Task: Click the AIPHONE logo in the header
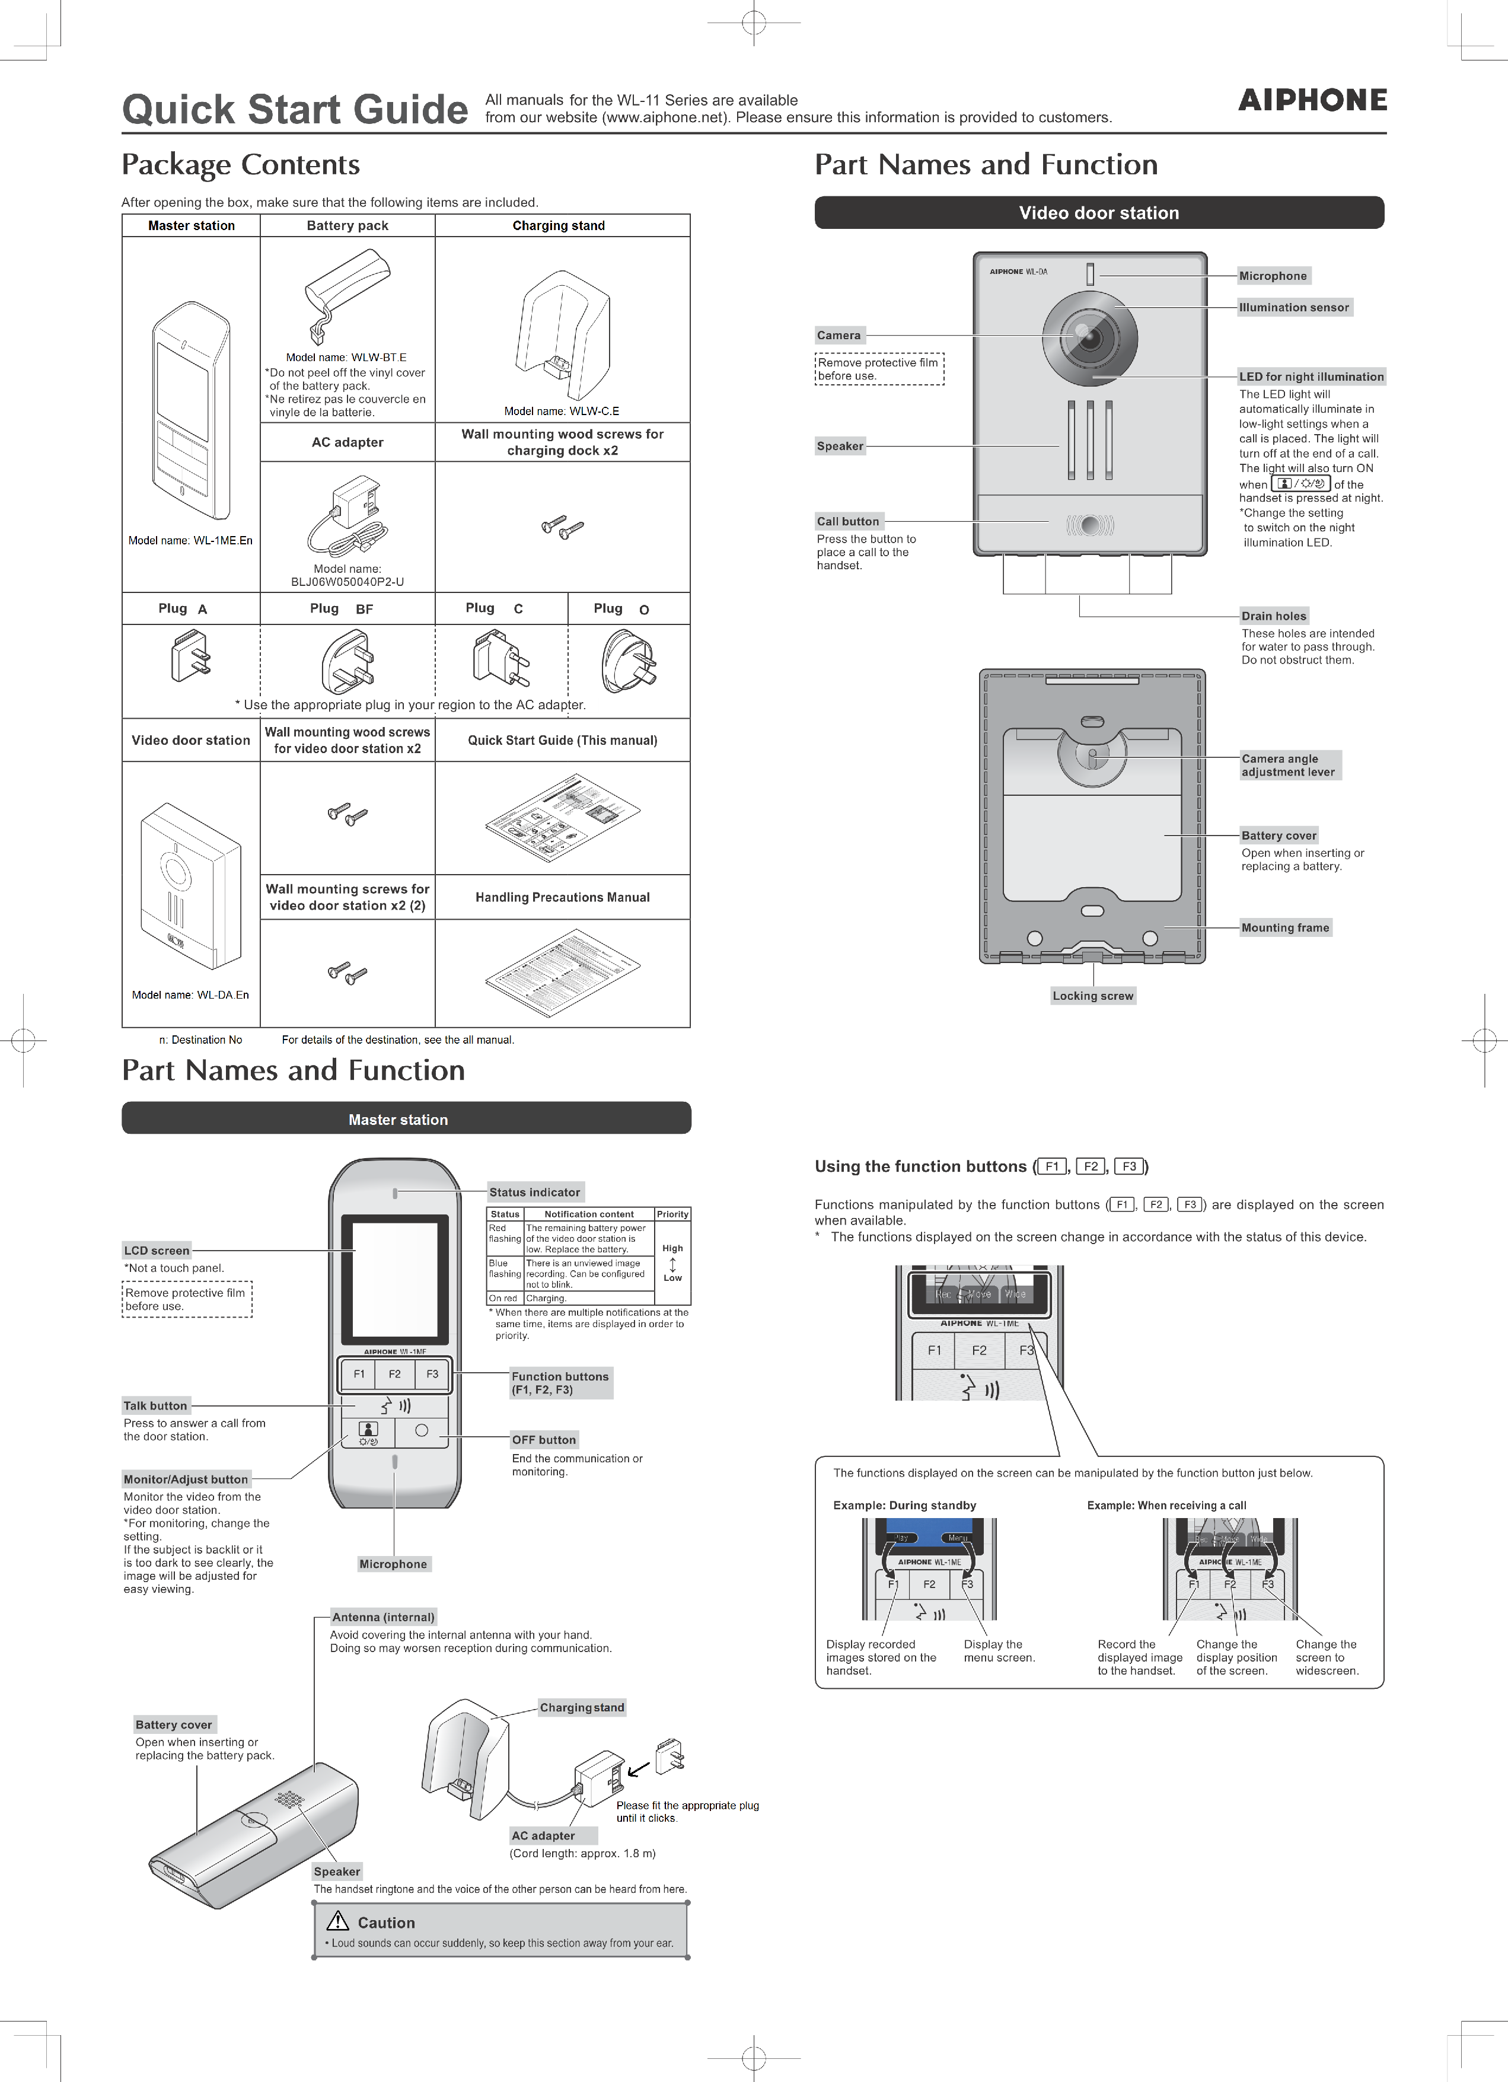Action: pyautogui.click(x=1312, y=100)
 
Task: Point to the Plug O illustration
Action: pyautogui.click(x=628, y=661)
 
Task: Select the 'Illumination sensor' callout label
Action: pyautogui.click(x=1293, y=308)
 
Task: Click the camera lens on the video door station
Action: pyautogui.click(x=1089, y=337)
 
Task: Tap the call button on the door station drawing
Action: pyautogui.click(x=1089, y=525)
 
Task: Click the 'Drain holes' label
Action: pyautogui.click(x=1273, y=616)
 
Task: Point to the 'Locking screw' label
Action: pyautogui.click(x=1092, y=996)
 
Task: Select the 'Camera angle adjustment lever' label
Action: pyautogui.click(x=1288, y=765)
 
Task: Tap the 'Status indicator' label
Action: pyautogui.click(x=534, y=1193)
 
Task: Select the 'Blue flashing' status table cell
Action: pyautogui.click(x=504, y=1268)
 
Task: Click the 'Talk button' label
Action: pyautogui.click(x=155, y=1405)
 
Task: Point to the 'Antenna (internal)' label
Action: pyautogui.click(x=382, y=1618)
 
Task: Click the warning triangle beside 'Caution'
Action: pyautogui.click(x=338, y=1921)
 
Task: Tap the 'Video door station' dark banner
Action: pyautogui.click(x=1099, y=213)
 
